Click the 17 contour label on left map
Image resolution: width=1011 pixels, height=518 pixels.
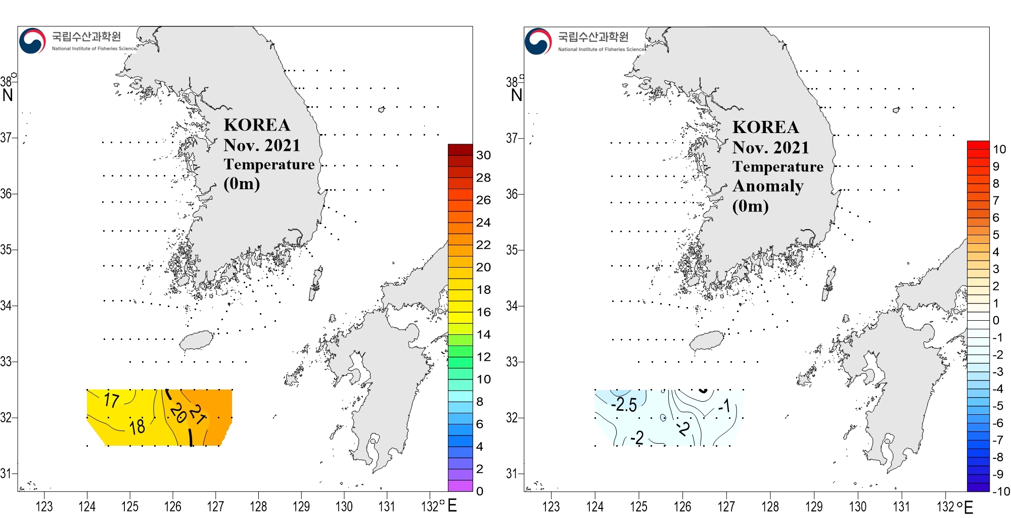click(112, 400)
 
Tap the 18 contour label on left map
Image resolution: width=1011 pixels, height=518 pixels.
click(137, 427)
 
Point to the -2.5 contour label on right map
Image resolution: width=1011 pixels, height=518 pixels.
click(624, 405)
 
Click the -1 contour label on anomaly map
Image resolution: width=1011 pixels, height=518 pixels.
click(724, 406)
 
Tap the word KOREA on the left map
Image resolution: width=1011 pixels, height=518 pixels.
click(257, 125)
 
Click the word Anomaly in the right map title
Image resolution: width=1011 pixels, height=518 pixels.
click(768, 186)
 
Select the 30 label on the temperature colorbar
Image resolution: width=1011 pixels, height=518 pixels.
click(483, 155)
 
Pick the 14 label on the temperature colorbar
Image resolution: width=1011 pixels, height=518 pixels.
click(483, 334)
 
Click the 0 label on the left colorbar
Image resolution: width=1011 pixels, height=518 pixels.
click(480, 491)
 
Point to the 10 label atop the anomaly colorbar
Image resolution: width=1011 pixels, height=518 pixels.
click(999, 149)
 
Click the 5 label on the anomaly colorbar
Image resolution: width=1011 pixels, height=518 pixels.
click(996, 235)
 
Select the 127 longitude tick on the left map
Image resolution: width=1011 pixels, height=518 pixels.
click(215, 506)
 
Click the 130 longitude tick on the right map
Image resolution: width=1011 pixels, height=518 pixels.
click(857, 506)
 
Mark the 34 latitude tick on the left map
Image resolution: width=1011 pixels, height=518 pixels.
click(6, 306)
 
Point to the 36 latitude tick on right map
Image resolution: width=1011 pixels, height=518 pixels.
click(512, 194)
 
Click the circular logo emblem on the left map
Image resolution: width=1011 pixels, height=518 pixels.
click(32, 41)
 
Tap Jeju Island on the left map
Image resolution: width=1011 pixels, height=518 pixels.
click(197, 340)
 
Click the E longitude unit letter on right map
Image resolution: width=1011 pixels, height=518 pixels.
click(969, 507)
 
